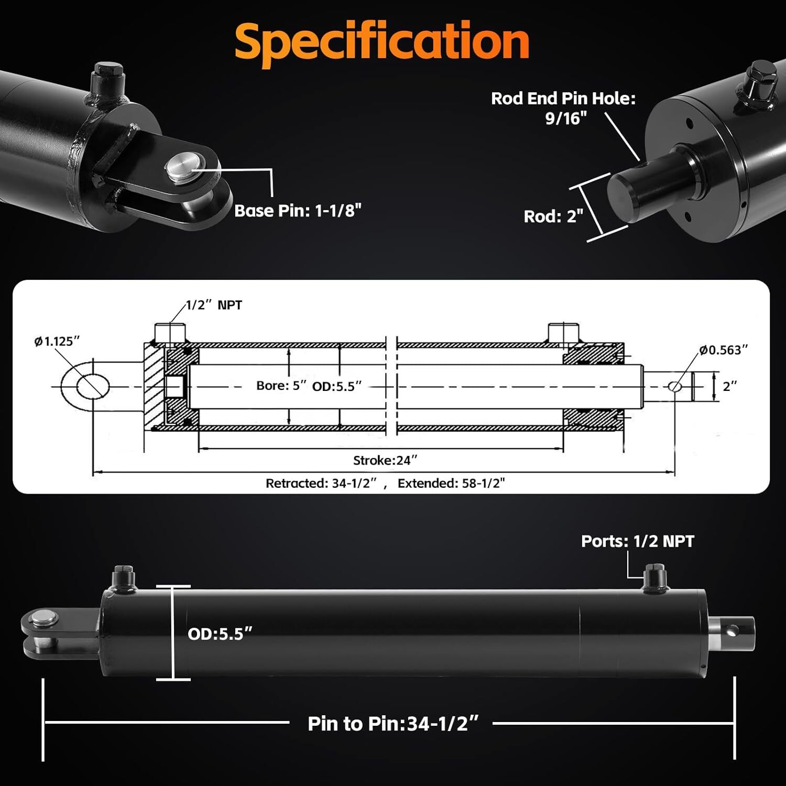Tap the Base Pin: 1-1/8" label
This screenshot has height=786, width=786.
coord(298,211)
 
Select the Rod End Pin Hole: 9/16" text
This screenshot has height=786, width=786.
coord(563,108)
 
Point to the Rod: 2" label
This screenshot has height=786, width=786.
coord(553,216)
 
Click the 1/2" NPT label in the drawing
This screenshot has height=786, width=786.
coord(214,305)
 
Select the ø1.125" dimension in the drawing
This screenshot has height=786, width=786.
coord(57,342)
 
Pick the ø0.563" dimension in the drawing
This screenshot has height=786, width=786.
coord(723,350)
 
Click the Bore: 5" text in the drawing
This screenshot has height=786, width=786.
coord(281,386)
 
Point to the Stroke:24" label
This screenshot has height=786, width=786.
coord(385,461)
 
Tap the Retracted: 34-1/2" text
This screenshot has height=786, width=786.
coord(321,483)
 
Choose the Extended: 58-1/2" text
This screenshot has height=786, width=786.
coord(451,483)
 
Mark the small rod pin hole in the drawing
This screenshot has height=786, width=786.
coord(674,387)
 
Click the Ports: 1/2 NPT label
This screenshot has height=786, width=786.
coord(637,541)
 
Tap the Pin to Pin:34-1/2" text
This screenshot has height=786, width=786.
coord(393,724)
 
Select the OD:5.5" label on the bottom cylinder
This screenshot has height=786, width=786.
coord(220,634)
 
